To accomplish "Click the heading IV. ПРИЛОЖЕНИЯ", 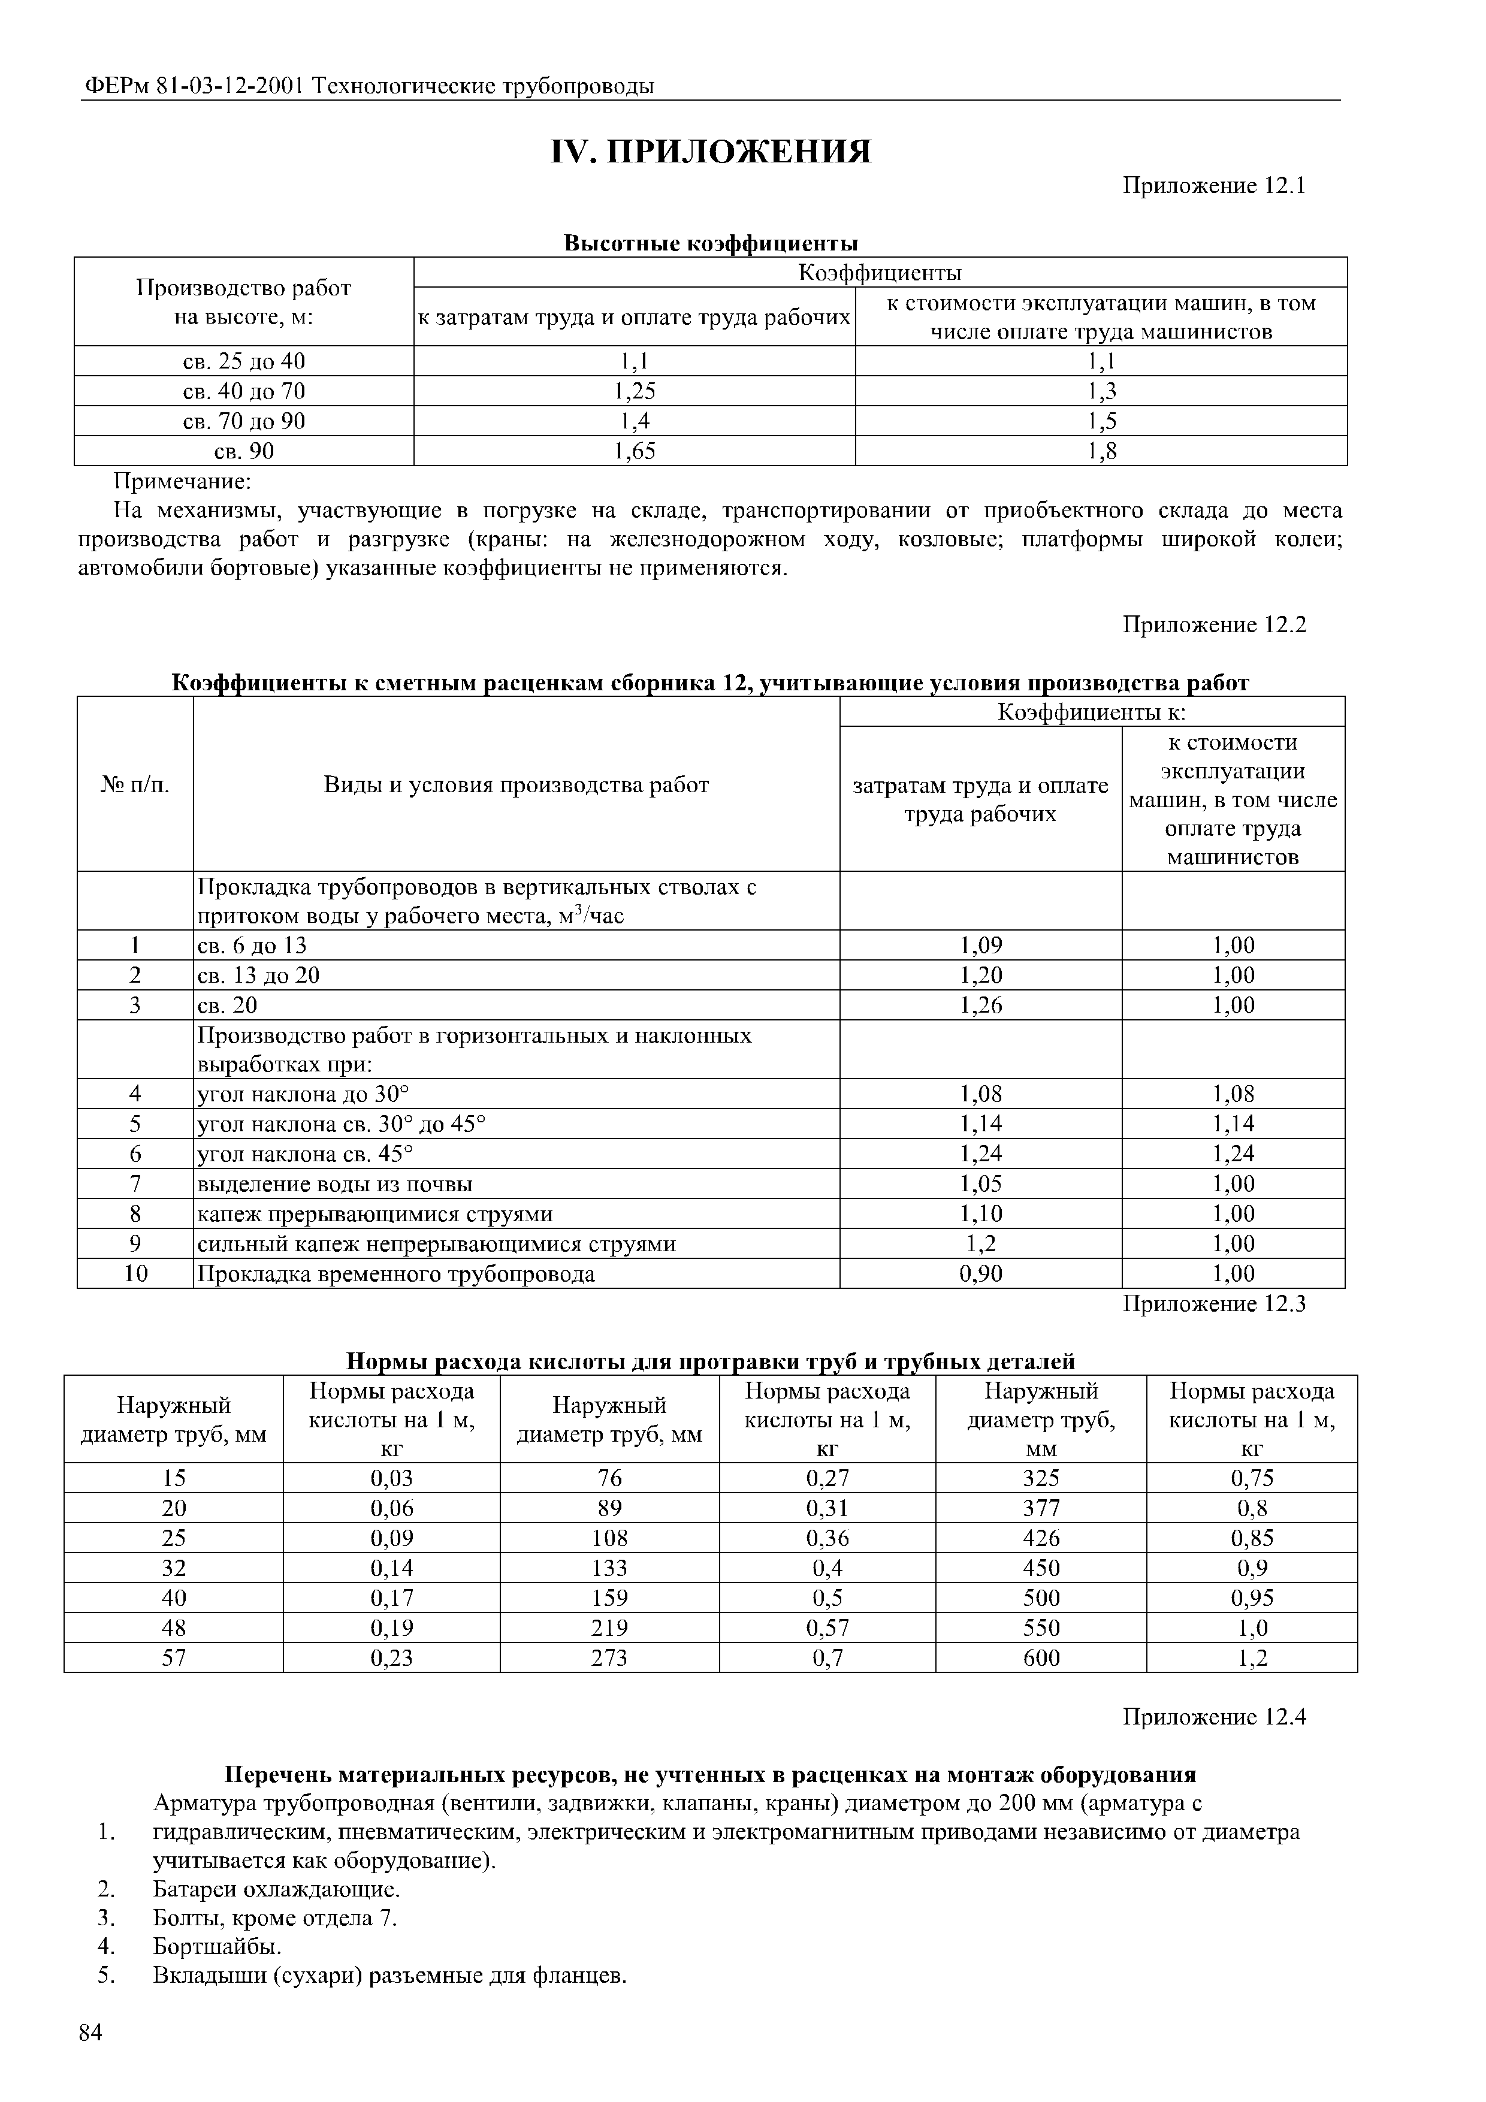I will tap(711, 152).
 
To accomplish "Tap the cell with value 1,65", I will tap(635, 451).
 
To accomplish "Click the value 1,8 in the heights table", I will tap(1101, 451).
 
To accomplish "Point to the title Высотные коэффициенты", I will tap(711, 243).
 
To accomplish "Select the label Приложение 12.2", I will tap(1213, 626).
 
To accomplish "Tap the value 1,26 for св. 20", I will tap(981, 1005).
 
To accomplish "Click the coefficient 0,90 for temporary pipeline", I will tap(981, 1273).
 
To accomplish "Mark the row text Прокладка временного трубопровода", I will tap(397, 1273).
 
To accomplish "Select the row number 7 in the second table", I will tap(135, 1184).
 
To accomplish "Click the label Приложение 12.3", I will tap(1213, 1304).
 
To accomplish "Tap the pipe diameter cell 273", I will tap(610, 1658).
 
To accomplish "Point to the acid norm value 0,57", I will tap(827, 1628).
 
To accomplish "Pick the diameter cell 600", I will tap(1041, 1658).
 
